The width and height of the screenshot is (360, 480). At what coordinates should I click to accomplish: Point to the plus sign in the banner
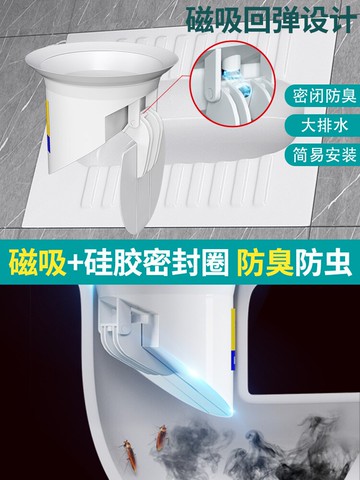(x=76, y=263)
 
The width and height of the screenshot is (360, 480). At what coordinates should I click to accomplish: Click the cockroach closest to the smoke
(x=162, y=437)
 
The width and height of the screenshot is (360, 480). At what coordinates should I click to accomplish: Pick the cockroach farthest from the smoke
(x=130, y=455)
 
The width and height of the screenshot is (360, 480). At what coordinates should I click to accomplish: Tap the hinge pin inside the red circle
(x=210, y=92)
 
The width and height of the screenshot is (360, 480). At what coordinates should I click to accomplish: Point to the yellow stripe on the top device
(x=47, y=118)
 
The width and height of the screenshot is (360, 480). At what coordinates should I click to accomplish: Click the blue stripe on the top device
(x=48, y=145)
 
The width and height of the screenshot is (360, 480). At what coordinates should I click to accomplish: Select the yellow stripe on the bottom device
(x=234, y=328)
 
